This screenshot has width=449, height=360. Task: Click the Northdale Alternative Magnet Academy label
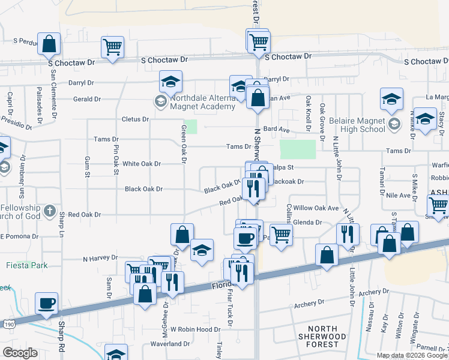(202, 103)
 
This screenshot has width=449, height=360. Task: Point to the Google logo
(20, 353)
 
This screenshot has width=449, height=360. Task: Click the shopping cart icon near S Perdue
(112, 46)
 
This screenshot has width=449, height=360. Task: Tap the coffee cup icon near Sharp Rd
(47, 302)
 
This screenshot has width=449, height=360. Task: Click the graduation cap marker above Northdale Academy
(171, 81)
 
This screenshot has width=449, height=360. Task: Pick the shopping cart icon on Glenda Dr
(280, 234)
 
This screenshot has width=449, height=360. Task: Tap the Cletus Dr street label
(136, 119)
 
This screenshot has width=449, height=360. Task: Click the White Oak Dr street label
(142, 164)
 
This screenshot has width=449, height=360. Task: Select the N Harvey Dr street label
(100, 258)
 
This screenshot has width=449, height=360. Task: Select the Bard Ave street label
(276, 130)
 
